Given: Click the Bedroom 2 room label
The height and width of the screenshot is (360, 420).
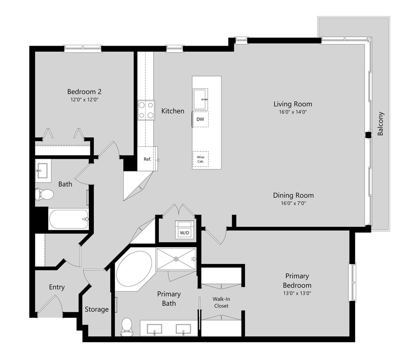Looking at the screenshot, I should click(84, 92).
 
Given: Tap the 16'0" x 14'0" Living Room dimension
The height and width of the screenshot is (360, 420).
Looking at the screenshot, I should click(292, 112).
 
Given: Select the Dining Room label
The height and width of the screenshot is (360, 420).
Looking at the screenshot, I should click(293, 195).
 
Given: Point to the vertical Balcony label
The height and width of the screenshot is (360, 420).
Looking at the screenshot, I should click(381, 124).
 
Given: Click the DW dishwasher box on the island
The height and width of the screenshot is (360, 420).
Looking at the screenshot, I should click(200, 119).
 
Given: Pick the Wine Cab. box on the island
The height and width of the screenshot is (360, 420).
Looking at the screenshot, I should click(200, 159).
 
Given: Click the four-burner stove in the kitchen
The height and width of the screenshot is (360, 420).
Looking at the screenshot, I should click(146, 110).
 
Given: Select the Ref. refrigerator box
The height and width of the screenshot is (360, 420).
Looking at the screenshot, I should click(147, 159).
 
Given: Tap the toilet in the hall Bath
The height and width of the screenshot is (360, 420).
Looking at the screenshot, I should click(44, 195).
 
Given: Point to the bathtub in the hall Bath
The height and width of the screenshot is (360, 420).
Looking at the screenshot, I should click(68, 219).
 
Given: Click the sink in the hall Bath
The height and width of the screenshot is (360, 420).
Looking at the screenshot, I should click(43, 171).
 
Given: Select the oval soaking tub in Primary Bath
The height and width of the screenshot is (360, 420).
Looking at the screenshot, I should click(134, 269).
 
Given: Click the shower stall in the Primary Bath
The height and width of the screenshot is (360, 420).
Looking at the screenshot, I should click(176, 259).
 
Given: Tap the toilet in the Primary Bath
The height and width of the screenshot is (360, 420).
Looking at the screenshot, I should click(127, 326).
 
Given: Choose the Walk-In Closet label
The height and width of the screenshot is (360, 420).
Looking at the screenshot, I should click(221, 302).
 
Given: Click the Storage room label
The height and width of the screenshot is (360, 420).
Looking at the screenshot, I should click(96, 309).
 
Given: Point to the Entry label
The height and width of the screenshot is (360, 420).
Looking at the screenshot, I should click(56, 287).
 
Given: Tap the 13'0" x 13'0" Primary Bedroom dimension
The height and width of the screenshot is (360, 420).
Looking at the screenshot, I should click(297, 293).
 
